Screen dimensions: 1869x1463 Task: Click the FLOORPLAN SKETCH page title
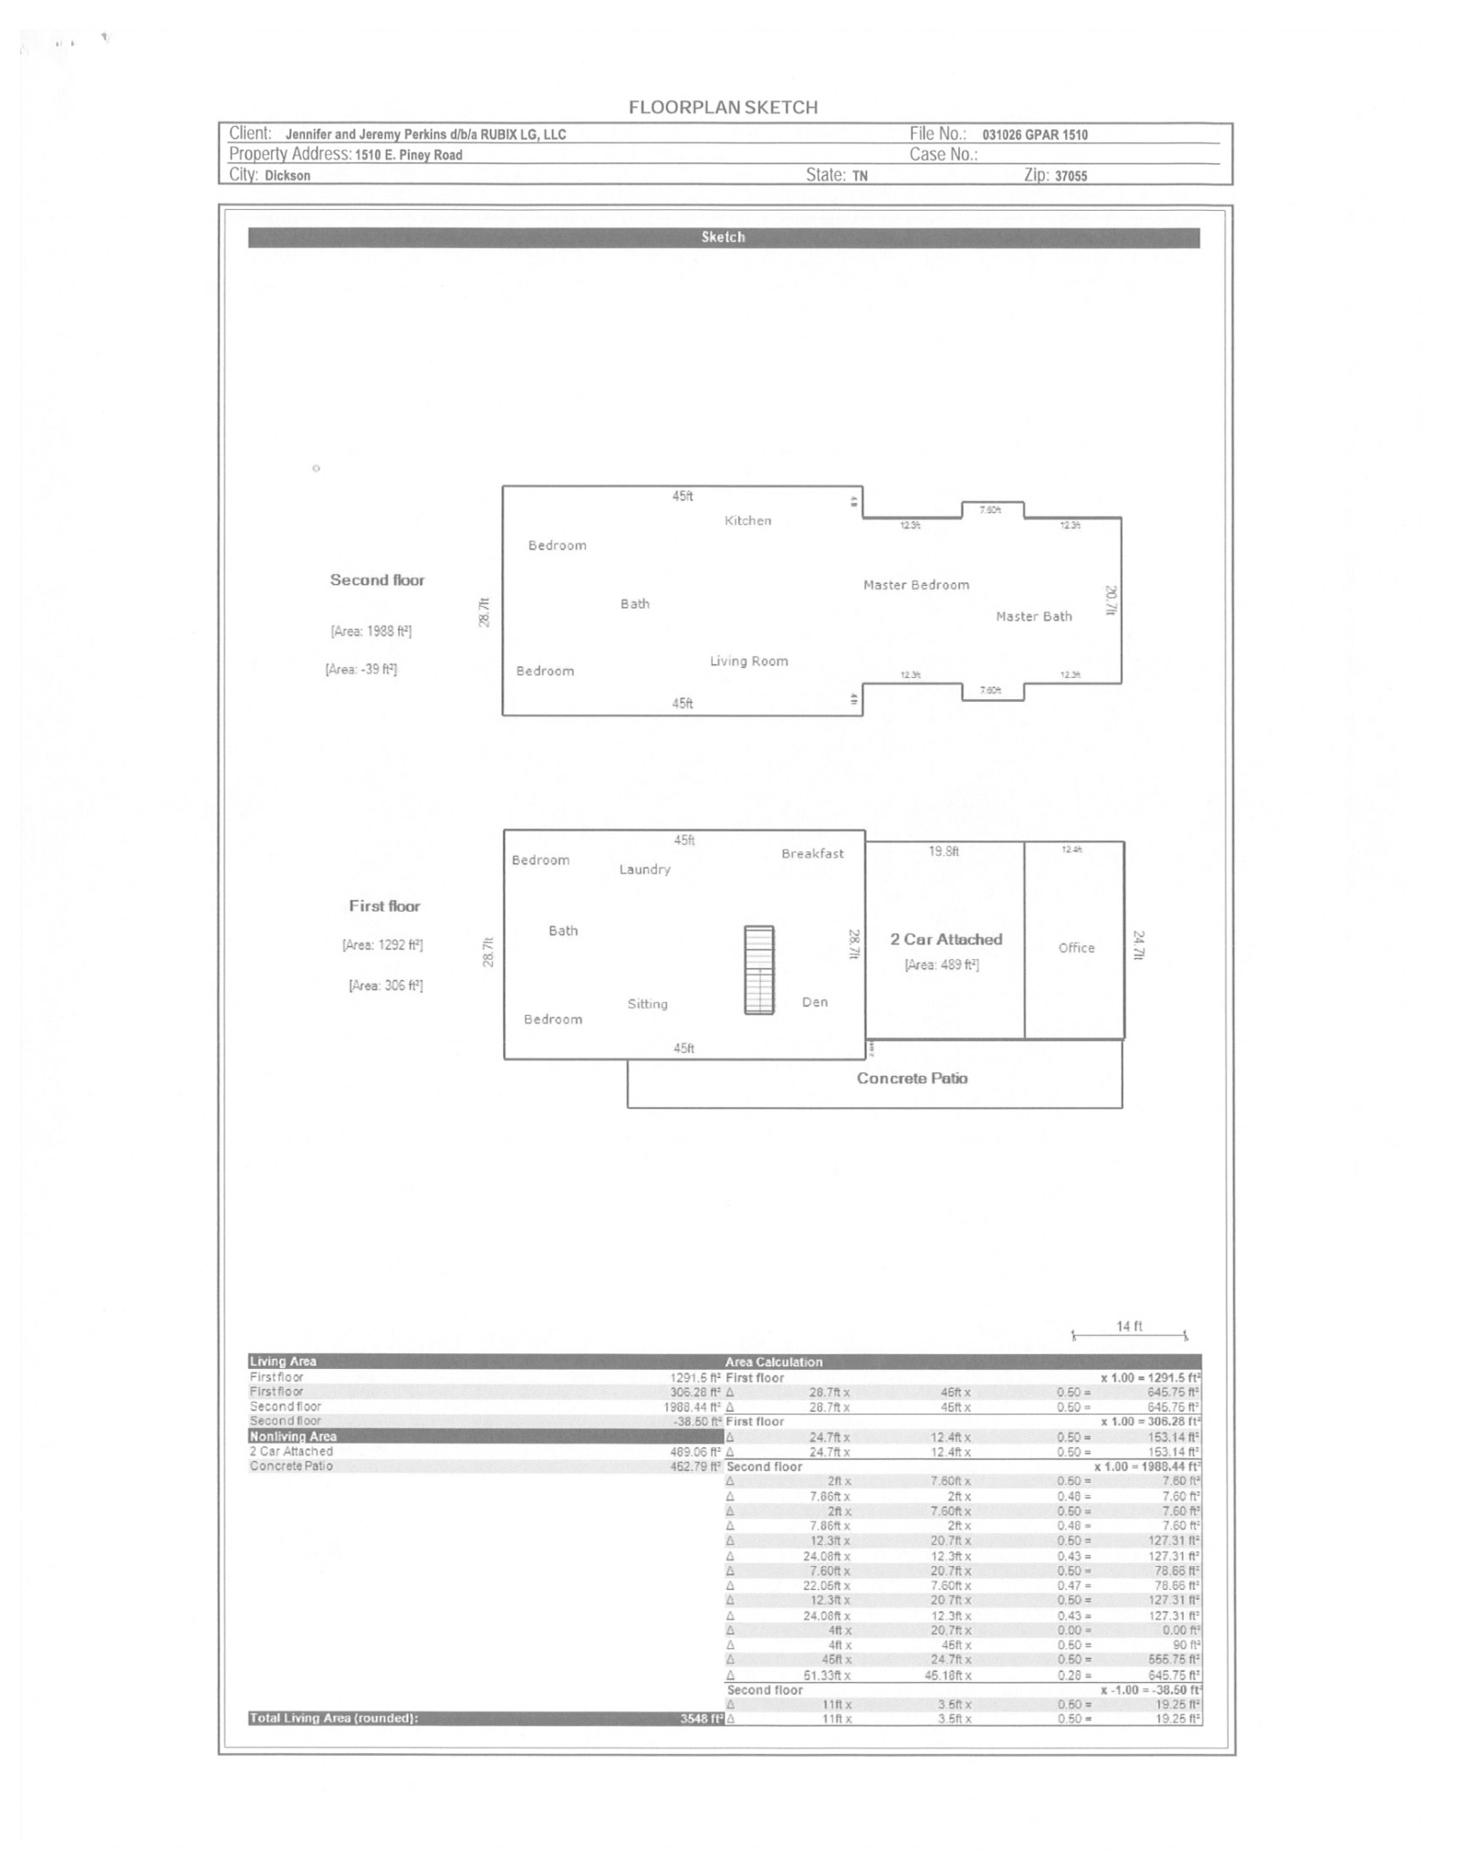(723, 108)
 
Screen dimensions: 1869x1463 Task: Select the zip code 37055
(1071, 176)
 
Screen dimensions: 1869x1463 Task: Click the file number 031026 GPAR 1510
(1035, 135)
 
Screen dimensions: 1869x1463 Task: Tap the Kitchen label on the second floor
(747, 521)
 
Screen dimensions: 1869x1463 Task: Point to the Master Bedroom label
(916, 585)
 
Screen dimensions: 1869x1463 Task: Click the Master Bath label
(1033, 617)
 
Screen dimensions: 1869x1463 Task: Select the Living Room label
(748, 662)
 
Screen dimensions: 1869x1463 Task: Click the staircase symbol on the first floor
(758, 970)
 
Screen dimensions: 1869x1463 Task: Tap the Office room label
(1076, 948)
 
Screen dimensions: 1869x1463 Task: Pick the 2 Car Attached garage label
(946, 940)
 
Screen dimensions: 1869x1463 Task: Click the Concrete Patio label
(912, 1079)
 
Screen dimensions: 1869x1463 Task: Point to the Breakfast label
(812, 854)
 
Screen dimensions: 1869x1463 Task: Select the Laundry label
(644, 870)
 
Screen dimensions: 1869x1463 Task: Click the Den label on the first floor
(815, 1002)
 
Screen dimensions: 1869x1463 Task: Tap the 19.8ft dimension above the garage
(944, 851)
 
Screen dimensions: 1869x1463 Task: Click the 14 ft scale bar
(1129, 1335)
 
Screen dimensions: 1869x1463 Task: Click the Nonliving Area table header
(293, 1436)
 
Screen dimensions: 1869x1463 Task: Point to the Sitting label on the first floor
(647, 1004)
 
